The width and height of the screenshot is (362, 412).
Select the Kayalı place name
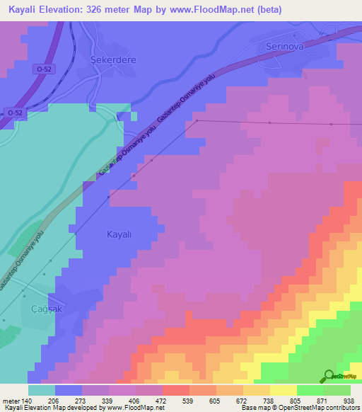point(119,234)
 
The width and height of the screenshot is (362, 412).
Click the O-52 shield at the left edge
point(11,112)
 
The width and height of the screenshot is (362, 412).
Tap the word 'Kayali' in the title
point(24,9)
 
